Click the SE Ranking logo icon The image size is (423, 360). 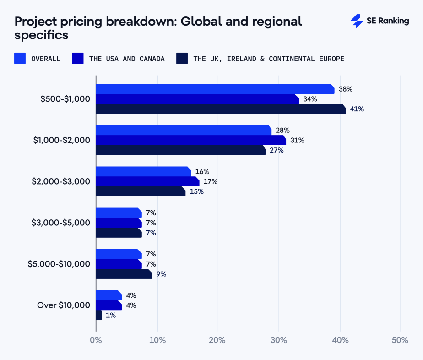coord(357,21)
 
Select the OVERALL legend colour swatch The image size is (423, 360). coord(20,59)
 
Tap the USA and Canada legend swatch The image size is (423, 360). coord(78,59)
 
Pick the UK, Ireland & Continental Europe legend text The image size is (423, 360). coord(268,59)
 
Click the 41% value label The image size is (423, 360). coord(357,109)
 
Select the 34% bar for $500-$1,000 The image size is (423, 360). coord(197,99)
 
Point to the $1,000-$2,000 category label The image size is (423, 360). coord(61,140)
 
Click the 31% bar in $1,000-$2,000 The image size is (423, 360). coord(190,140)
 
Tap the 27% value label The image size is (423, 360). coord(277,150)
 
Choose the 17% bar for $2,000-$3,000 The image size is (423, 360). coord(147,181)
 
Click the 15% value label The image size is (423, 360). coord(196,191)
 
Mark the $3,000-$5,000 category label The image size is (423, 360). coord(60,223)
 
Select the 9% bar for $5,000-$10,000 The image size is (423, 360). coord(124,274)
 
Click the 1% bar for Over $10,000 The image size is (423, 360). coord(98,315)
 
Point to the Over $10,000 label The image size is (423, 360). coord(63,305)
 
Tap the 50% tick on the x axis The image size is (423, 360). coord(400,340)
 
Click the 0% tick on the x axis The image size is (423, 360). coord(96,340)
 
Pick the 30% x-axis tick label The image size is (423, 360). coord(278,340)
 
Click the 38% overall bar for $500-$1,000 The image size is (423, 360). coord(215,89)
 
